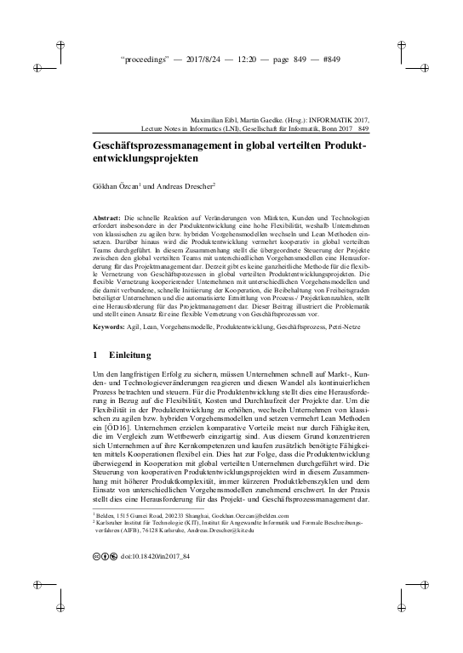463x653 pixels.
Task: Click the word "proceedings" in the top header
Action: click(148, 61)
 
